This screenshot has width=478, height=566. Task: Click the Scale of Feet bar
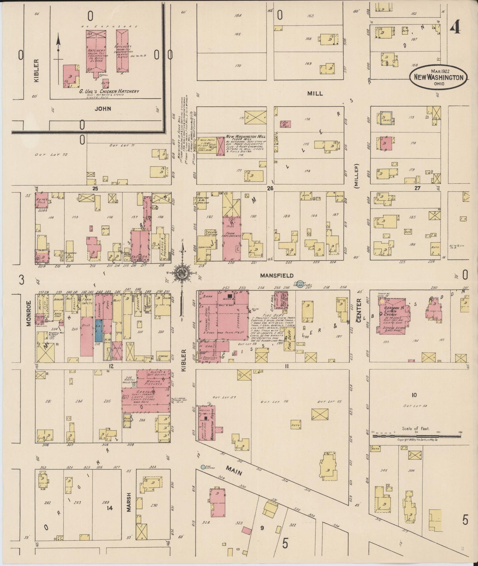(416, 436)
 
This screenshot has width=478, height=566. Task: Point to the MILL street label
(315, 94)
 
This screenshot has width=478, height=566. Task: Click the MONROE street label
(29, 313)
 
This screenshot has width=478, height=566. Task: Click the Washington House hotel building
(207, 423)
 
